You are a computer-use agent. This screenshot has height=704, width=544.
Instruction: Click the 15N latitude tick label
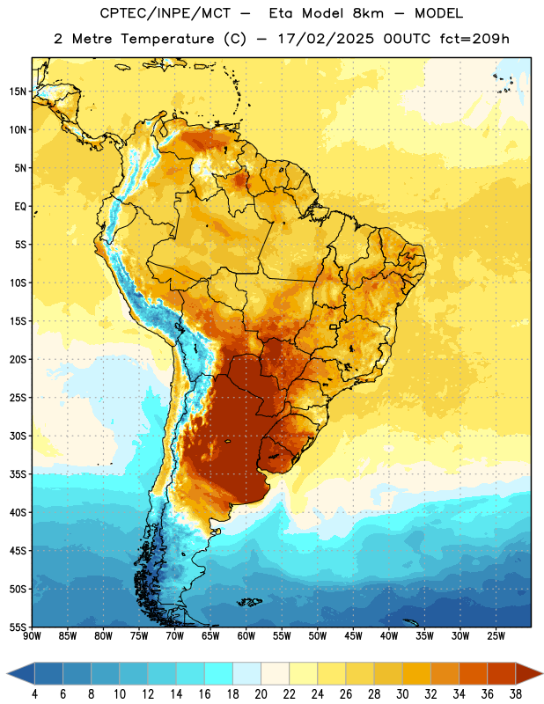coord(18,92)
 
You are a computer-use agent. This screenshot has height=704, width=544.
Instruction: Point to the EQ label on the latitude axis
coord(20,207)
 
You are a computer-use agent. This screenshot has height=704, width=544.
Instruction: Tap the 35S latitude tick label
coord(18,474)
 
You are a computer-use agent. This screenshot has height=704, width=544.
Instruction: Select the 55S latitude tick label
coord(18,627)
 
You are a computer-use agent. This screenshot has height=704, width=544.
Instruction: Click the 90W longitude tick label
coord(32,636)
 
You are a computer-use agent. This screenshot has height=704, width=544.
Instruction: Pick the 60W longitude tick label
coord(246,636)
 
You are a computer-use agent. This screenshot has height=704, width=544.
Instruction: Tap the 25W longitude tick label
coord(496,636)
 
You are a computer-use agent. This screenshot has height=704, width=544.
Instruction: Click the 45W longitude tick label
coord(353,636)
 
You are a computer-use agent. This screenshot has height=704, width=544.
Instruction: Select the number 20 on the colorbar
coord(261,694)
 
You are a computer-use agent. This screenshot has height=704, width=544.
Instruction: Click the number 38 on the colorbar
coord(516,694)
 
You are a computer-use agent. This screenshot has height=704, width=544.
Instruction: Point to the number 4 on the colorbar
coord(34,694)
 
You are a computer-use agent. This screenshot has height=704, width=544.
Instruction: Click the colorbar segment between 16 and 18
coord(218,673)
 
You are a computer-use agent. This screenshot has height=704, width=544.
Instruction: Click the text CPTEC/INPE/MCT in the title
coord(165,13)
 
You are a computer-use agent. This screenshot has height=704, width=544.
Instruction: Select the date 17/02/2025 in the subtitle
coord(326,39)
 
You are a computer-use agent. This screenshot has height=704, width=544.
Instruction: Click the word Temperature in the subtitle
coord(167,40)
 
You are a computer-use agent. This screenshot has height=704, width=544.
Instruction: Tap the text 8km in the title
coord(368,13)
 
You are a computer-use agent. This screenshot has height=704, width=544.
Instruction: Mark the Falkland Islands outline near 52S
coord(250,602)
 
